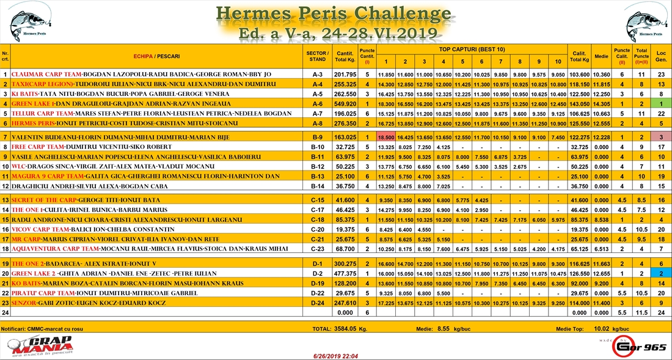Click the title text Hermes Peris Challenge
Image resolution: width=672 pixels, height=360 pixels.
334,13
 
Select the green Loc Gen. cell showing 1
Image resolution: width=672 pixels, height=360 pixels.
661,104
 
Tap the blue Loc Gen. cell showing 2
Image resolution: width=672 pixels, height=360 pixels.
661,273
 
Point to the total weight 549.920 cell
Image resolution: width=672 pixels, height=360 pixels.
345,104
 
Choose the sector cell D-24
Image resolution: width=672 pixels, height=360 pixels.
317,303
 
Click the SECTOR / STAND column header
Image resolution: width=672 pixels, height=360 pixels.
317,56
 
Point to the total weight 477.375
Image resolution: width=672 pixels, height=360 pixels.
345,273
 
